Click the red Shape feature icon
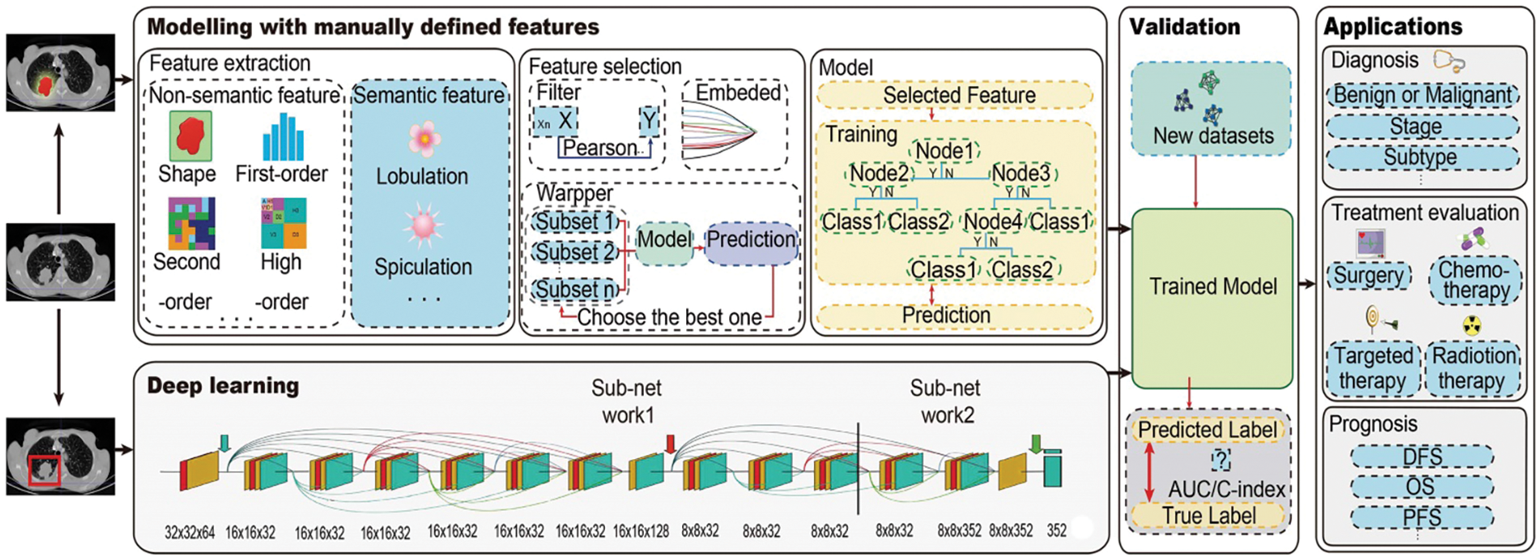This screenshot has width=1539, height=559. (x=190, y=136)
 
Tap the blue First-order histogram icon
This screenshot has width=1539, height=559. (x=283, y=137)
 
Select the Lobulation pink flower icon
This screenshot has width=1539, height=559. (x=424, y=139)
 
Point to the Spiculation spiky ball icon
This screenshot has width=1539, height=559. (x=424, y=227)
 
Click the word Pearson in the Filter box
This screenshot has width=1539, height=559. (x=600, y=148)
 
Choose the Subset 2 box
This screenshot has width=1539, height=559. (x=575, y=252)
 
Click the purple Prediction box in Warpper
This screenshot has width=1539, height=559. (x=751, y=240)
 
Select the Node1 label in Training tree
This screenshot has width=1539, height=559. (x=944, y=151)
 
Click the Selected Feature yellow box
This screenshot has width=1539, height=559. (x=958, y=95)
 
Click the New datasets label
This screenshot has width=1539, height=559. (x=1213, y=135)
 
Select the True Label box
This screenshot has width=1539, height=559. (x=1209, y=516)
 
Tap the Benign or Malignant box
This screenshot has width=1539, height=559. (x=1422, y=95)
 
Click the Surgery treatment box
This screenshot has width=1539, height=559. (x=1369, y=276)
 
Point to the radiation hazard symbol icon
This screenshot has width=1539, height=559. (x=1471, y=326)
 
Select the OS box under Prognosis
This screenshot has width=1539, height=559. (x=1420, y=487)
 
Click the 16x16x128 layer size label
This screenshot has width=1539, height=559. (x=641, y=532)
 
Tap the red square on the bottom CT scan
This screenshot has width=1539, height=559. (x=44, y=470)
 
